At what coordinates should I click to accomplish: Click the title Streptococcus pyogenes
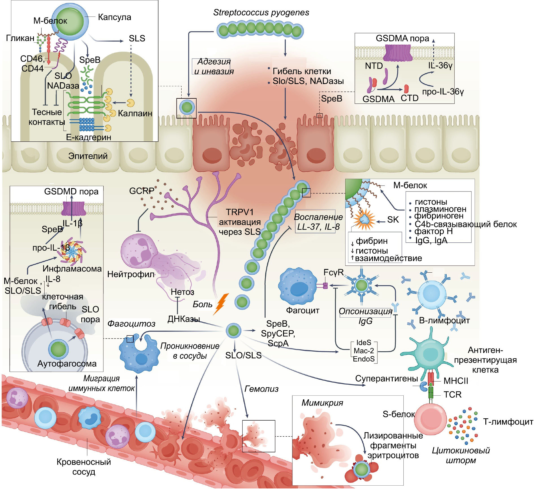(261, 12)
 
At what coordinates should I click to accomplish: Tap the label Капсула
(114, 17)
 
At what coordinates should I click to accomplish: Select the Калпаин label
(135, 113)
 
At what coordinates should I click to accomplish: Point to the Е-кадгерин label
(88, 137)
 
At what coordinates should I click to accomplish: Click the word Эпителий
(88, 156)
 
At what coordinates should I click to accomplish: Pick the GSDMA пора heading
(402, 38)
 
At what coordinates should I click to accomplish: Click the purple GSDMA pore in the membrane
(399, 53)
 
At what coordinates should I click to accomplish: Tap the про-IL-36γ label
(443, 92)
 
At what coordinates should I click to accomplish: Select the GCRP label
(142, 191)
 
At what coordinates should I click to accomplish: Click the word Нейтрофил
(131, 274)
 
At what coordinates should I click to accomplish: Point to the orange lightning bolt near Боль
(221, 304)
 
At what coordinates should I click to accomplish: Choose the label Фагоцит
(303, 310)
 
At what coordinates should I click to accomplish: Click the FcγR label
(333, 272)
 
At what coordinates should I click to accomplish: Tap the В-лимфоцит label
(444, 320)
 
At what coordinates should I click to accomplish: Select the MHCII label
(456, 381)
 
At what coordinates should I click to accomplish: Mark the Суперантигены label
(386, 378)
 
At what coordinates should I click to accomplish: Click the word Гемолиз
(261, 389)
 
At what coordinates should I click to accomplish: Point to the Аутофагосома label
(67, 363)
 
